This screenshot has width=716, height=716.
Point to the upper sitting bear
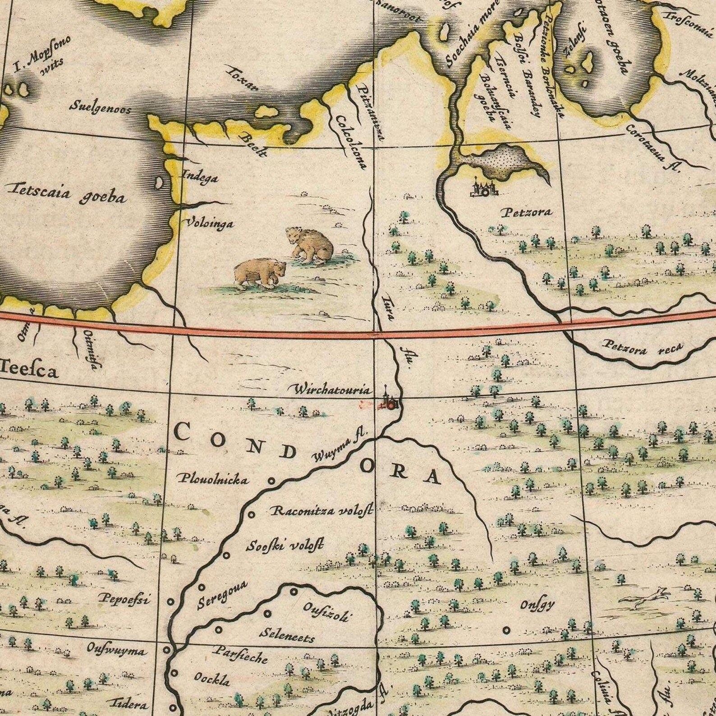(x=310, y=245)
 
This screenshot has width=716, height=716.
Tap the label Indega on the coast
(x=199, y=177)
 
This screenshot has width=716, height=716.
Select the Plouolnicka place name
(x=213, y=479)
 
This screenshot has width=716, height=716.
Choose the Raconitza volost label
(x=328, y=512)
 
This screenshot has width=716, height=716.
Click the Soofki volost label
(x=285, y=546)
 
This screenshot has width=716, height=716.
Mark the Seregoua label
(x=222, y=594)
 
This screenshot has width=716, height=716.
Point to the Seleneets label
(x=287, y=634)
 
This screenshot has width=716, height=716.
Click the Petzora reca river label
(x=643, y=349)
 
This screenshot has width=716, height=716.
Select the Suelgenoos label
(x=100, y=108)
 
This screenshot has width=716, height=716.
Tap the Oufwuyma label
(x=116, y=652)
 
